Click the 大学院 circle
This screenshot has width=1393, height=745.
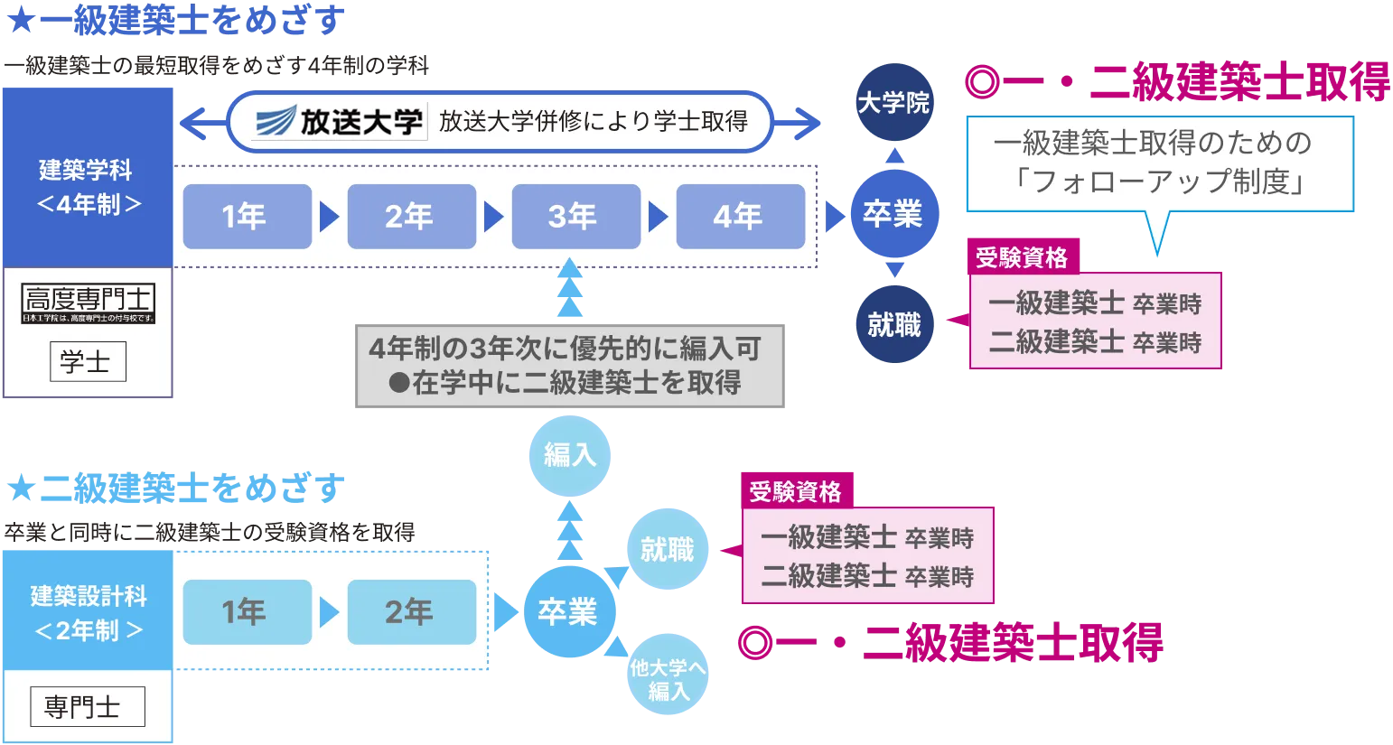(x=893, y=103)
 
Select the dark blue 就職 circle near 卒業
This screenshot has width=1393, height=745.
(x=893, y=324)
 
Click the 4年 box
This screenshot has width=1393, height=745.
(x=740, y=217)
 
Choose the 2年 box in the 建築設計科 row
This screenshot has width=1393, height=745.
(x=411, y=612)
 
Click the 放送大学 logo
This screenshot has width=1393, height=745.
(x=338, y=121)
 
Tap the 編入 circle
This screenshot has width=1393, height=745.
(x=570, y=455)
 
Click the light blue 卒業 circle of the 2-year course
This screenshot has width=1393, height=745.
(x=568, y=612)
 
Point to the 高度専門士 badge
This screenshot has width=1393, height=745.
(x=88, y=303)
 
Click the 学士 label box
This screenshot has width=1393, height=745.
(x=88, y=362)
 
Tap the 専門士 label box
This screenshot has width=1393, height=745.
(x=87, y=707)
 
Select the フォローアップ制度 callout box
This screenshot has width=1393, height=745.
(x=1160, y=163)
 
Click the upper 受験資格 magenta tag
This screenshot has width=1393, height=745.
(x=1022, y=257)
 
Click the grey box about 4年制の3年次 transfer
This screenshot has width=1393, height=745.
(x=570, y=365)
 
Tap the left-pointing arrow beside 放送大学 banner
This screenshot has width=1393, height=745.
(x=199, y=122)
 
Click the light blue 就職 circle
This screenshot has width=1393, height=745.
(x=668, y=549)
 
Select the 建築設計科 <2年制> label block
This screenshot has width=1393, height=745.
(x=88, y=611)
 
